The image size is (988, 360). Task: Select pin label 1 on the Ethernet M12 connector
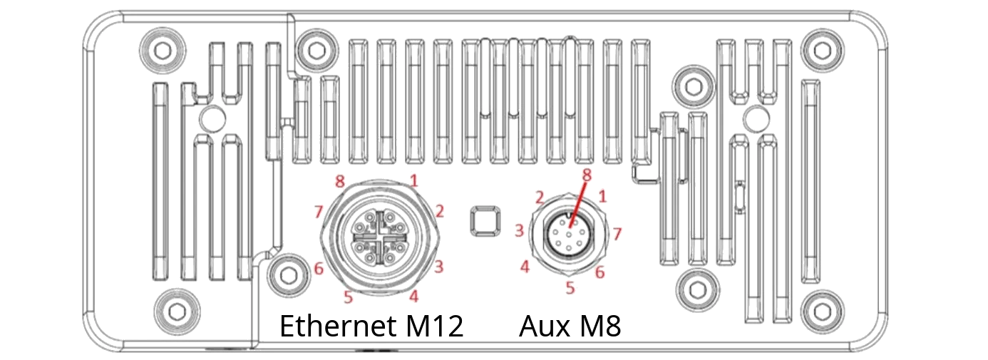413,180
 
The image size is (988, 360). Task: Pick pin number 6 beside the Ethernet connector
319,269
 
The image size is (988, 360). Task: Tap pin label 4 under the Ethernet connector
413,294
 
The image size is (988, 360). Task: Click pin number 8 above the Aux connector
587,174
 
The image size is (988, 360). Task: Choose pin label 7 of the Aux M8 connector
618,233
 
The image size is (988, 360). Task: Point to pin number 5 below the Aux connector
570,288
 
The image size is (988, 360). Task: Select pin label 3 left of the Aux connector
520,230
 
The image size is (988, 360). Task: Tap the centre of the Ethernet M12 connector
383,236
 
